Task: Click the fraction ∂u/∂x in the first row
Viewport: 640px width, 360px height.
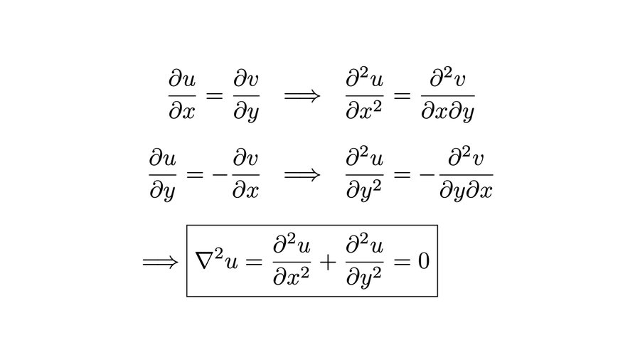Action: point(182,95)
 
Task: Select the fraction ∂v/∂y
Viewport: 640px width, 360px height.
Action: point(246,95)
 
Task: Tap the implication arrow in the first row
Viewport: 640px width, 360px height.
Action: point(302,95)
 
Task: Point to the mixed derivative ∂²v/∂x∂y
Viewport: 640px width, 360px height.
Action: point(447,95)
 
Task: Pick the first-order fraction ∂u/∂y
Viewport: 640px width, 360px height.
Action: point(164,175)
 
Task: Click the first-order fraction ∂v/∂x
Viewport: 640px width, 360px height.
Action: point(246,175)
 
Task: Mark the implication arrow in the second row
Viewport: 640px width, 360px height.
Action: point(302,174)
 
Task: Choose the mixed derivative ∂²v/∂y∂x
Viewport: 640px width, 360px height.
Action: point(466,175)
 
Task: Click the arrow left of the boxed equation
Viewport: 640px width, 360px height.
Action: point(161,262)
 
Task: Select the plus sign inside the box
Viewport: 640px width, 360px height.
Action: point(328,262)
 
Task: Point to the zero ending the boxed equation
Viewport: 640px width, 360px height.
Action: point(423,261)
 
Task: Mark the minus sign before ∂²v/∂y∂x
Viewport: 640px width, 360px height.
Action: point(430,175)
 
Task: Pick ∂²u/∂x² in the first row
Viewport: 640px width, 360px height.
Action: point(364,95)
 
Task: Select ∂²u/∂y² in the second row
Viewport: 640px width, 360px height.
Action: point(364,175)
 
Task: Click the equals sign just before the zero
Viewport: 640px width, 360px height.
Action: point(402,262)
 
